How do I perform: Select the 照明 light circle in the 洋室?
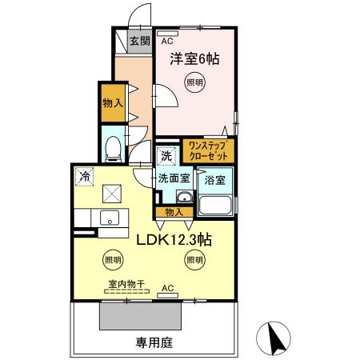(x=194, y=82)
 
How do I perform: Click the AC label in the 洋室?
(x=168, y=41)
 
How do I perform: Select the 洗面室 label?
(x=172, y=178)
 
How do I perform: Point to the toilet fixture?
(x=113, y=147)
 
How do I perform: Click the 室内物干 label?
(x=122, y=283)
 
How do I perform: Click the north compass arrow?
(x=277, y=338)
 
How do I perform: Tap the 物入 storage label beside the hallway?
(x=112, y=102)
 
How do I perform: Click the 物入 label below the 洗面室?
(x=173, y=212)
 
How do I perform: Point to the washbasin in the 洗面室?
(x=183, y=198)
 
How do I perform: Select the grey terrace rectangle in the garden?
(x=140, y=317)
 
